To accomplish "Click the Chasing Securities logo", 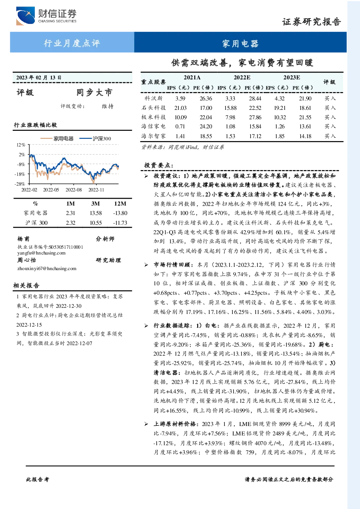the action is [46, 16].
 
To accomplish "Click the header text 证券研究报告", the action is [311, 22].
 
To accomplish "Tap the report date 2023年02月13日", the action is [39, 78].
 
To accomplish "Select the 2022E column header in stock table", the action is [242, 78].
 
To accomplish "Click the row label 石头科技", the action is [153, 108].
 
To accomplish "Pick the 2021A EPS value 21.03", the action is [181, 108].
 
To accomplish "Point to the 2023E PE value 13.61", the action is [305, 127].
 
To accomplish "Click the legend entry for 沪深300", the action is [95, 138].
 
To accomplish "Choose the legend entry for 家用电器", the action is [57, 138].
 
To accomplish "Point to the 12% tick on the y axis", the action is [21, 145].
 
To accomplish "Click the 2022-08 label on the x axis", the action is [74, 190].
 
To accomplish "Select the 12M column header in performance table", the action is [120, 204].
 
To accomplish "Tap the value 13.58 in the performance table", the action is [96, 213].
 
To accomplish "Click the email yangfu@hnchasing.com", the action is [41, 253].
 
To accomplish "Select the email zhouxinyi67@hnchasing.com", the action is [47, 268].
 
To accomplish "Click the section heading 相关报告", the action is [26, 285].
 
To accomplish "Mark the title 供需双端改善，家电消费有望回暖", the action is [242, 63].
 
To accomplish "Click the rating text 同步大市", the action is [94, 92].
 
